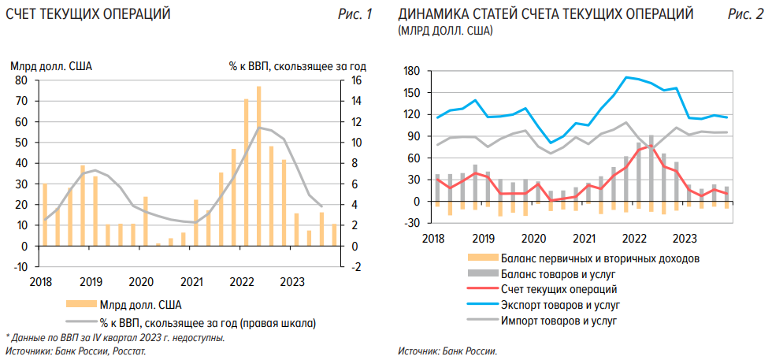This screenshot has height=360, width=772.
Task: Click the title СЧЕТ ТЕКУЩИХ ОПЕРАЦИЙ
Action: pyautogui.click(x=87, y=14)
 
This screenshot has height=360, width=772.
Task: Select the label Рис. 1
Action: pyautogui.click(x=355, y=14)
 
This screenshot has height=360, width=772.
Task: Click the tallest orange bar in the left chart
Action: pyautogui.click(x=258, y=165)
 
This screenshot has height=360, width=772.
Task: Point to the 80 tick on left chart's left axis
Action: pyautogui.click(x=22, y=80)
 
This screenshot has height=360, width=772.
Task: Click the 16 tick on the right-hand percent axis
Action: pyautogui.click(x=356, y=80)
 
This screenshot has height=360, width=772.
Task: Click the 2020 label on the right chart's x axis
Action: pyautogui.click(x=534, y=238)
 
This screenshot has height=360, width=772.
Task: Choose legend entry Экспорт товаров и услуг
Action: pyautogui.click(x=560, y=303)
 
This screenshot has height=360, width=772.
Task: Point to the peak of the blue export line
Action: pyautogui.click(x=626, y=77)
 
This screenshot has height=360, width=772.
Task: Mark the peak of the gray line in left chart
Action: pyautogui.click(x=258, y=128)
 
